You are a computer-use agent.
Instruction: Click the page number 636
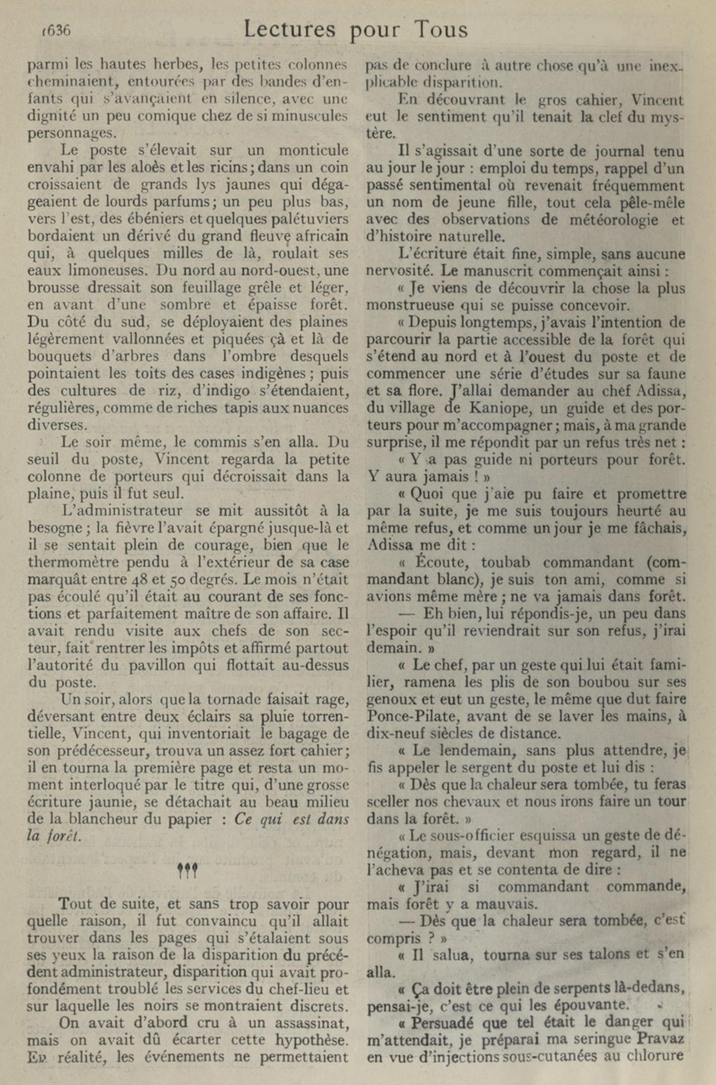pos(57,31)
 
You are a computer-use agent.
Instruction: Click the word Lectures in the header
pos(289,30)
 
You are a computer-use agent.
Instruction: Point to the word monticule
pos(313,150)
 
